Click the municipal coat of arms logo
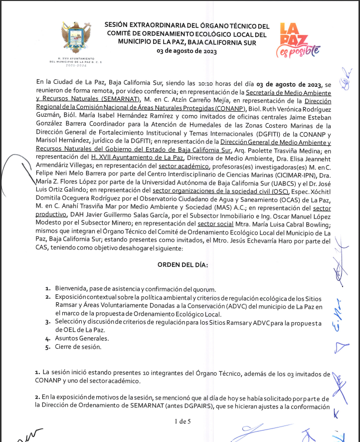(76, 36)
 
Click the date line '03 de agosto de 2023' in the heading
(186, 51)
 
